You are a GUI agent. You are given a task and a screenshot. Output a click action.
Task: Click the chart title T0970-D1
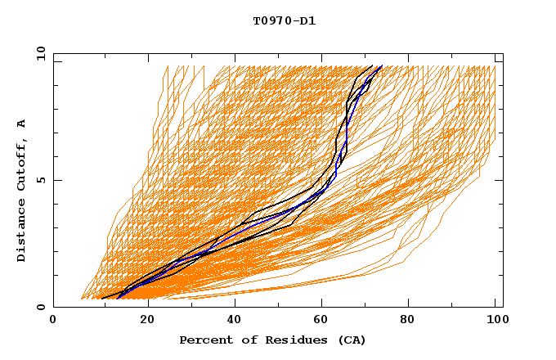(284, 21)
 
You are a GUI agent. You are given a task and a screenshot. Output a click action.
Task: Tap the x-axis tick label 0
(53, 321)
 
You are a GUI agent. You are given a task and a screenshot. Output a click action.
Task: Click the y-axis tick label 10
(39, 53)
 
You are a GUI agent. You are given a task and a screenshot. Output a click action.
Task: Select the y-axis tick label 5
(43, 180)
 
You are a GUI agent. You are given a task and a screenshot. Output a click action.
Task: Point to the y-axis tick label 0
(43, 307)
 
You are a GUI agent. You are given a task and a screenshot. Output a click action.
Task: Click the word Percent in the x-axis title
(202, 340)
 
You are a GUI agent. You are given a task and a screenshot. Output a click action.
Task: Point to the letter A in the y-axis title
(22, 123)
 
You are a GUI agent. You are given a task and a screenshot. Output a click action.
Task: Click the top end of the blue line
(382, 66)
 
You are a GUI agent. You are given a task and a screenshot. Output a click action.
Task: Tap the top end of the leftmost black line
(373, 66)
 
